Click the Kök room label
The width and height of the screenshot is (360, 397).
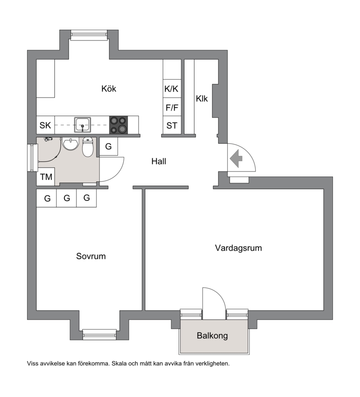click(x=108, y=89)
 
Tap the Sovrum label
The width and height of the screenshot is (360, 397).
click(x=91, y=256)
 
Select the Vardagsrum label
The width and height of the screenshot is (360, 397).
click(x=238, y=248)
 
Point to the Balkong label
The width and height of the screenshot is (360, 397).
click(x=212, y=336)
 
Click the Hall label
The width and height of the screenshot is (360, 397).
click(x=159, y=161)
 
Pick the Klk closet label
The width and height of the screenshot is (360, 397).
click(x=202, y=99)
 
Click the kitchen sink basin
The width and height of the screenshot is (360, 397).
click(x=82, y=125)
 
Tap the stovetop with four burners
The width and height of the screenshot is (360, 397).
click(x=118, y=125)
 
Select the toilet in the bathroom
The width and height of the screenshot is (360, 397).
click(x=88, y=147)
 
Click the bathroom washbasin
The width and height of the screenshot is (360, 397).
click(x=71, y=144)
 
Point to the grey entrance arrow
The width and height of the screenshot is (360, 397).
click(x=236, y=158)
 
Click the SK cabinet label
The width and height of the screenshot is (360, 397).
click(x=45, y=125)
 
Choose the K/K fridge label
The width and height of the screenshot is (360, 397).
click(x=171, y=89)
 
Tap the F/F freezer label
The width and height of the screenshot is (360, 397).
click(x=172, y=108)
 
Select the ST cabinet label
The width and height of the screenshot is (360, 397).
click(x=172, y=126)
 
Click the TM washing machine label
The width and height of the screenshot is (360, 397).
click(x=46, y=177)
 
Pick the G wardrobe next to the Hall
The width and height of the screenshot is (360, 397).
click(x=108, y=146)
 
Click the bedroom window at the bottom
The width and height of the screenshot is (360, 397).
click(x=99, y=334)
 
